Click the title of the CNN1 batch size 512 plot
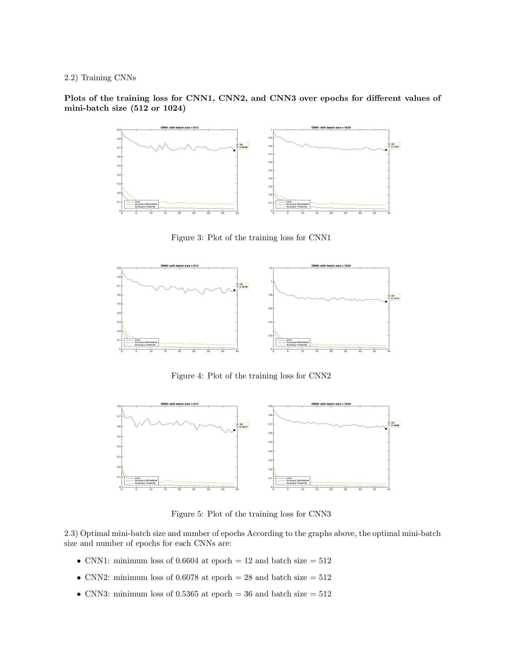coord(179,127)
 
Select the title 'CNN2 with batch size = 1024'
coord(331,266)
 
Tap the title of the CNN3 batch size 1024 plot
coord(331,404)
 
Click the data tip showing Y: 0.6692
coord(242,146)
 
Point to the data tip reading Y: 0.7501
coord(394,146)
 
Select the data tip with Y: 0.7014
coord(394,297)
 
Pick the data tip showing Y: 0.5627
coord(242,425)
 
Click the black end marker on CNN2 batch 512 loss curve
coord(235,290)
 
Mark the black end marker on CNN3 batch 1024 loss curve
coord(386,428)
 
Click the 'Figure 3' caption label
coord(187,238)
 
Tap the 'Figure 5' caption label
coord(187,514)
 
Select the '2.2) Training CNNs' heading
coord(100,78)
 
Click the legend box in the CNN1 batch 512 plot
coord(141,204)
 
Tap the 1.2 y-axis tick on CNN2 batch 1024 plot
coord(270,268)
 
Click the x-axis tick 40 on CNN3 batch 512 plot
coord(237,489)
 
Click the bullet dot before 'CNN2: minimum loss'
coord(79,578)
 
